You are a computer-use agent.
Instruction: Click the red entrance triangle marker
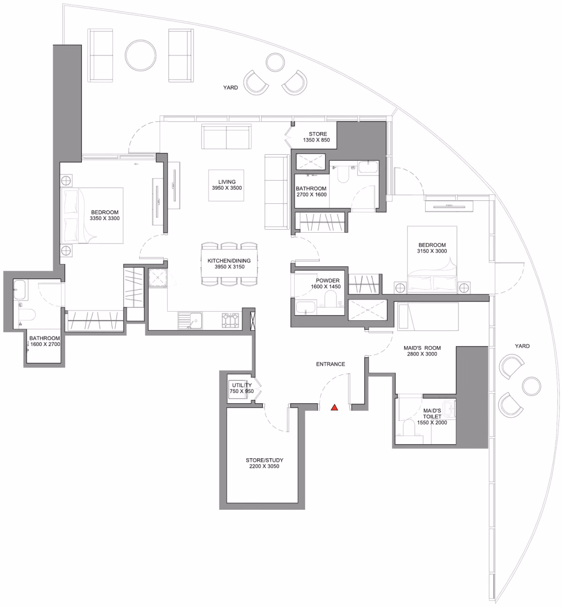pos(335,407)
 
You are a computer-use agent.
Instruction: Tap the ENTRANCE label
pos(331,364)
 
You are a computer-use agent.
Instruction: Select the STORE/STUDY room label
pos(264,463)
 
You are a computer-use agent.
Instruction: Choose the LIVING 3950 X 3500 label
pos(226,185)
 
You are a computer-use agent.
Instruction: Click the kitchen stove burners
pos(230,321)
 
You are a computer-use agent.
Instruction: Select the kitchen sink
pos(191,321)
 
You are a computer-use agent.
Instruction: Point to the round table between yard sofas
pos(140,55)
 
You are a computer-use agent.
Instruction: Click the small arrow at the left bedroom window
pos(136,164)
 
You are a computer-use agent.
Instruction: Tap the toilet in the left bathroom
pos(27,315)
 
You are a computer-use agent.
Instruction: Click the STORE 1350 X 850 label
pos(317,137)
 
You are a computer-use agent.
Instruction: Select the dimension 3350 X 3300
pos(105,218)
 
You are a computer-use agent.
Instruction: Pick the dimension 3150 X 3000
pos(432,251)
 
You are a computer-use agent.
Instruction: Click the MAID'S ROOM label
pos(422,351)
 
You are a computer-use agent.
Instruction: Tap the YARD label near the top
pos(230,88)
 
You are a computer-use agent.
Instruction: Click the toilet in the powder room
pos(330,298)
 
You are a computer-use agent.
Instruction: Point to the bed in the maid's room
pos(428,317)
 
